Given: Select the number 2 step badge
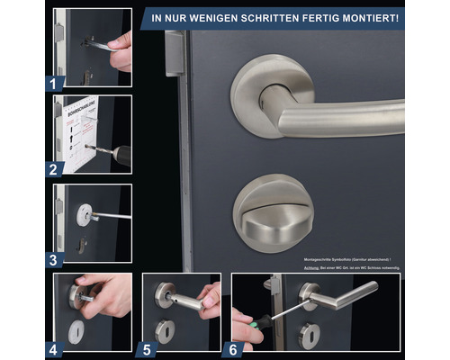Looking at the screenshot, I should click(x=53, y=166).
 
